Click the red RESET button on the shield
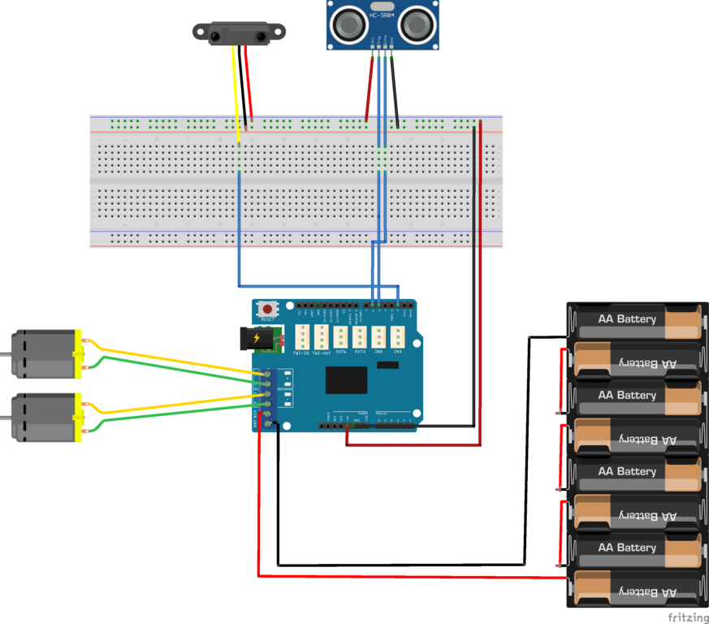(x=267, y=309)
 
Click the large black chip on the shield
(x=347, y=379)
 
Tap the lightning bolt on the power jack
(x=257, y=337)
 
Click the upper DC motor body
(x=44, y=353)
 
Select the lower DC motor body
(x=44, y=417)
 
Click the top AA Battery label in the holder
(x=626, y=318)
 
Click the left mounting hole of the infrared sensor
(x=201, y=32)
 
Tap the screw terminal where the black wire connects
(x=267, y=425)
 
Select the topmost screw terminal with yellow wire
(x=267, y=374)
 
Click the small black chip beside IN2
(x=387, y=365)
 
